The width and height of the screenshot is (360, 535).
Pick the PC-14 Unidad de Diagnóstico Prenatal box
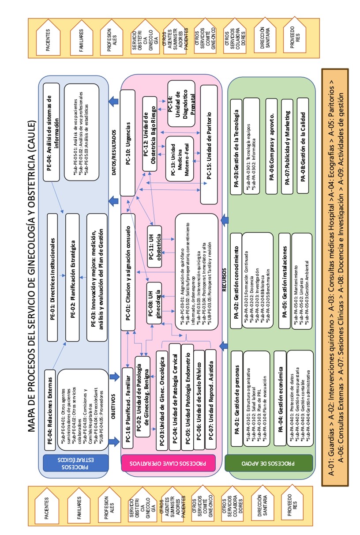181,103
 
